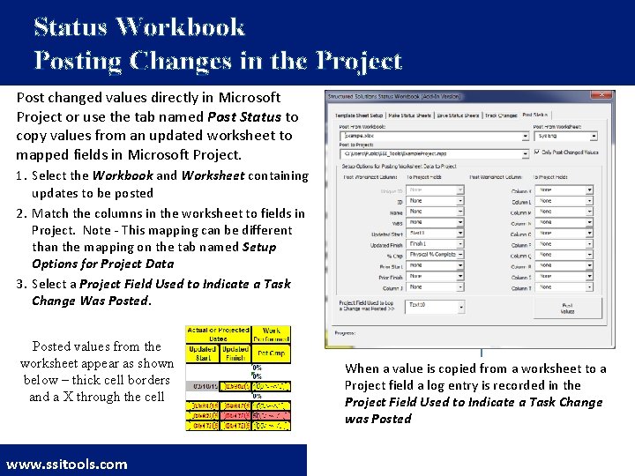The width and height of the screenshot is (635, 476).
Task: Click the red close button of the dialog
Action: [604, 95]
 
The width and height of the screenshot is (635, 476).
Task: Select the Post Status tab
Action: [534, 115]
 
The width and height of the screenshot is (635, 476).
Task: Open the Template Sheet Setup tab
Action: [357, 115]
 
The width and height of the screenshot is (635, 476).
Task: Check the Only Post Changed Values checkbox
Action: [537, 152]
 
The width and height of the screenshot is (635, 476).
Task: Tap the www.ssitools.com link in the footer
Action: [67, 464]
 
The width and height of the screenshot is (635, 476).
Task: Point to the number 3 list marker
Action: [21, 284]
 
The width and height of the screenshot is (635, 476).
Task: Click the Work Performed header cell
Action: [271, 336]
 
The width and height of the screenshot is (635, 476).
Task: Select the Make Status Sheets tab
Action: [408, 115]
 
